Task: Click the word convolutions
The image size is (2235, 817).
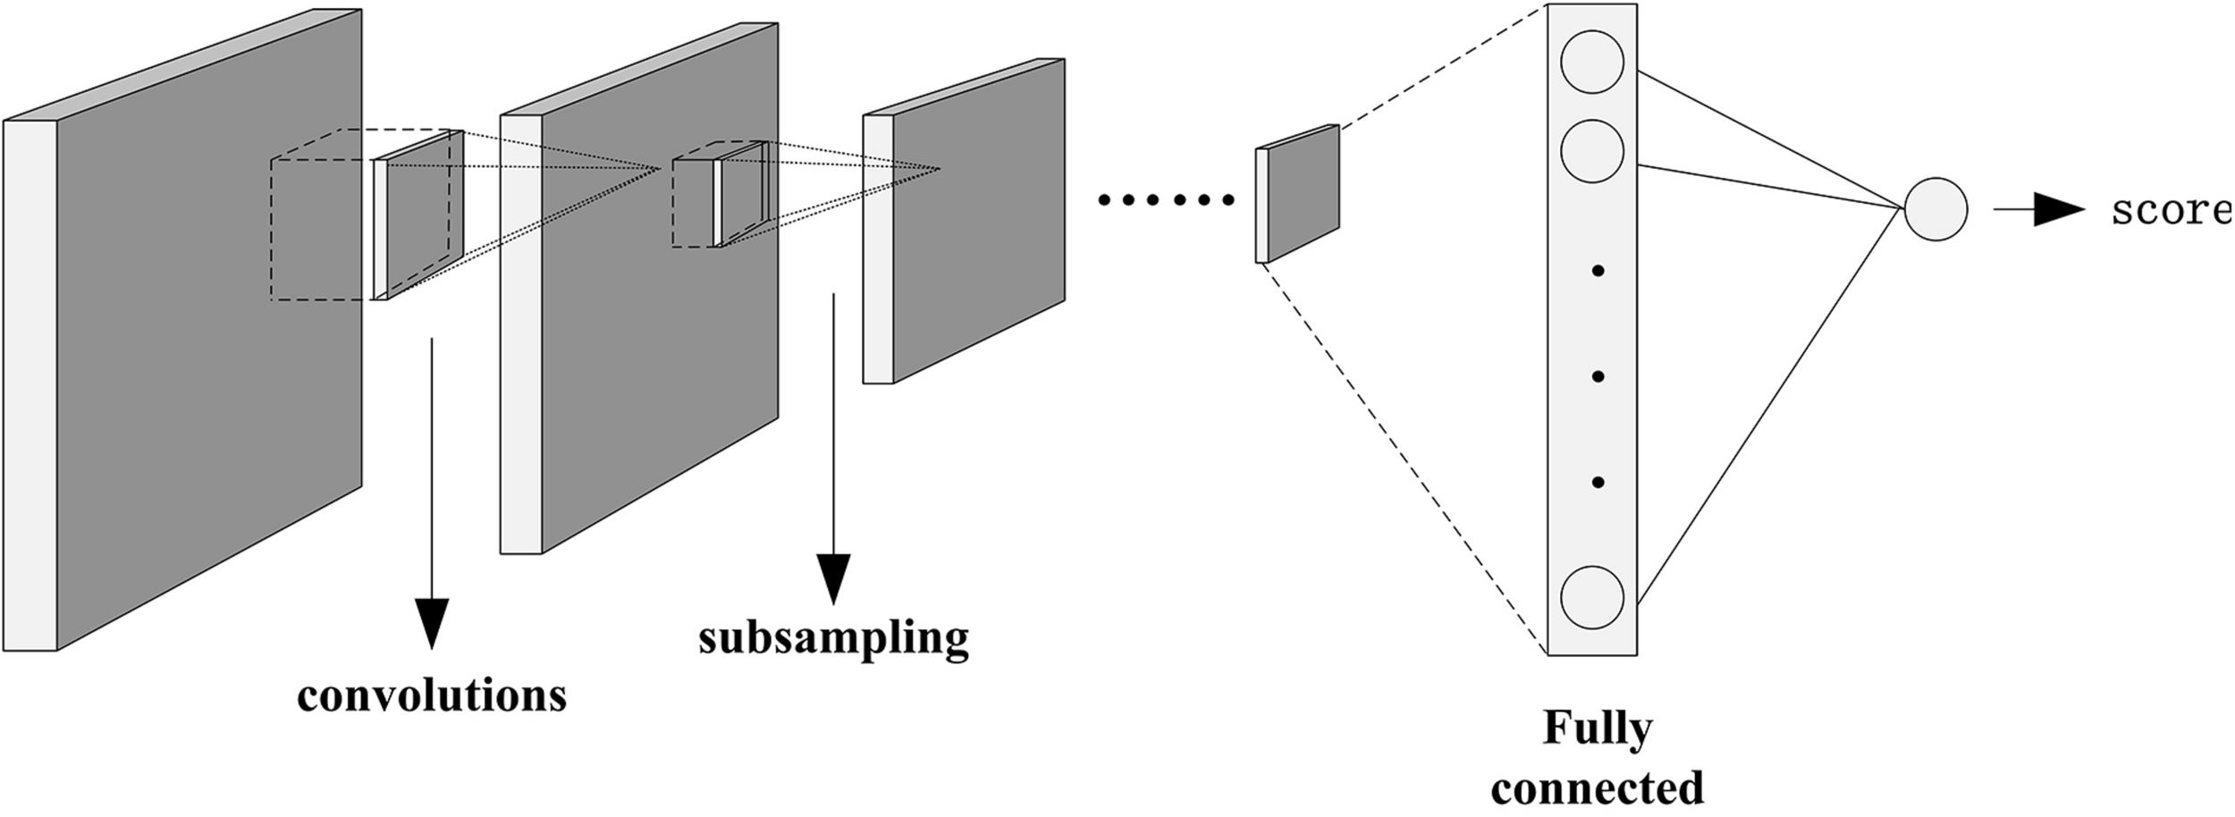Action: click(432, 695)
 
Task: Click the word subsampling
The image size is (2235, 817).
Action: click(833, 638)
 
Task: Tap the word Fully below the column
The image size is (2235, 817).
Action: click(1597, 729)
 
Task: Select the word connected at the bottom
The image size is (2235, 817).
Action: click(1597, 788)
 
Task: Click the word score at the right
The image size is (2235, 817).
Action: click(2171, 211)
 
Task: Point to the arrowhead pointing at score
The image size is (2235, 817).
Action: click(2058, 211)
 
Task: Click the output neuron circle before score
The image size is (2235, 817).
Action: click(1936, 210)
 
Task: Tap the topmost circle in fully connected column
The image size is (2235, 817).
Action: click(1592, 62)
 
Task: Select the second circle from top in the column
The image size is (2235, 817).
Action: click(1592, 151)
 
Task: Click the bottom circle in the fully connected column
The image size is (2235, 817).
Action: click(1592, 597)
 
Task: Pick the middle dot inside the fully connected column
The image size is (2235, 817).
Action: click(1598, 376)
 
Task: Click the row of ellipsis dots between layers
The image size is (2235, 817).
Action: click(1167, 200)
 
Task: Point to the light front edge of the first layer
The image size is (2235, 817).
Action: click(30, 384)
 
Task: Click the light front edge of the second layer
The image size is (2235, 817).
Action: click(520, 335)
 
